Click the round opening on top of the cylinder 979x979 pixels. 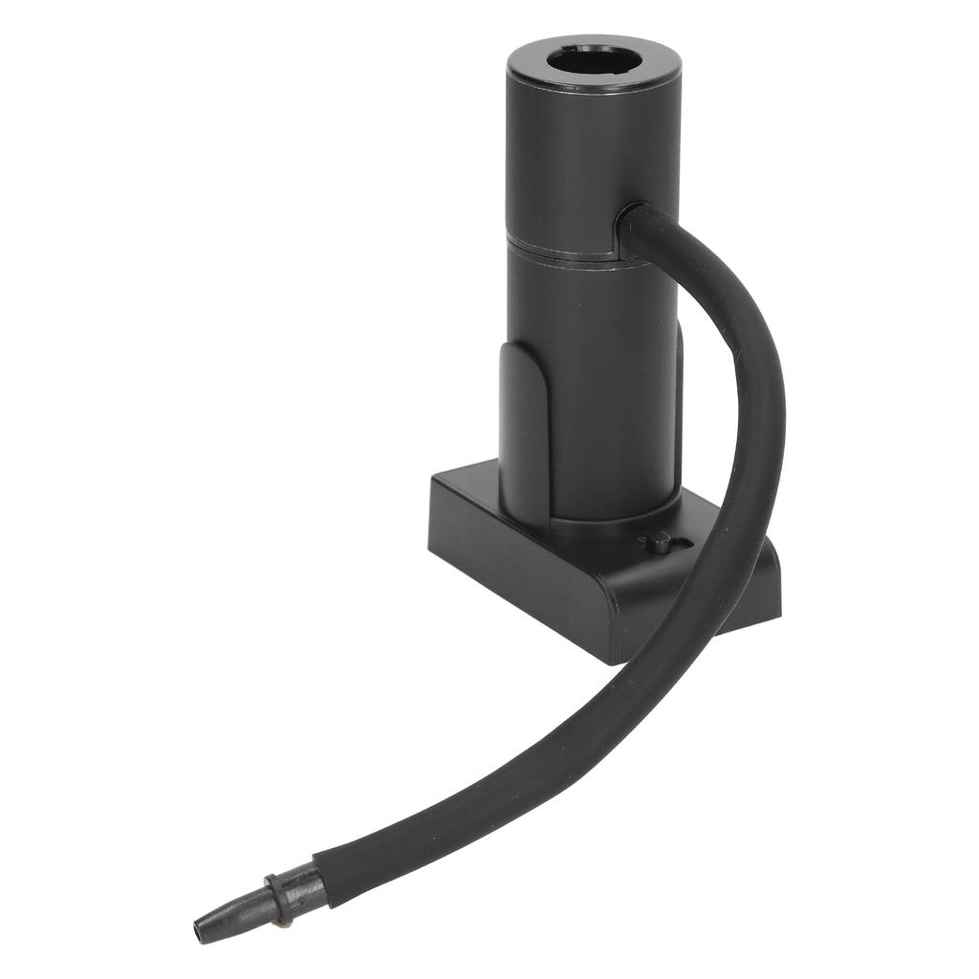[594, 63]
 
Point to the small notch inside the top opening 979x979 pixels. [573, 52]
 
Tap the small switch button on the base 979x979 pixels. [659, 542]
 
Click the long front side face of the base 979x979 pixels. [516, 574]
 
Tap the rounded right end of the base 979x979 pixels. [765, 583]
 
